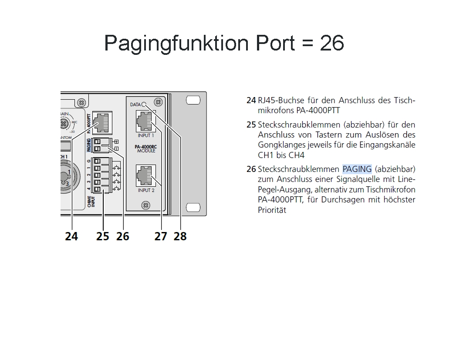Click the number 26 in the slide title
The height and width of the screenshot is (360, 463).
[x=332, y=43]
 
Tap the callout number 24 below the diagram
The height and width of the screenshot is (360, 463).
[x=71, y=236]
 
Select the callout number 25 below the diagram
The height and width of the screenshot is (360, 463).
[x=103, y=236]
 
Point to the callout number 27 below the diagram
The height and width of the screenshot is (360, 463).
[x=161, y=236]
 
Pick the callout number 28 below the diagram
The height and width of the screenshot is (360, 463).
[x=180, y=236]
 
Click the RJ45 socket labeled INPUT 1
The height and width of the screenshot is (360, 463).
[x=146, y=121]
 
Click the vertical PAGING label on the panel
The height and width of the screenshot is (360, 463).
[x=89, y=145]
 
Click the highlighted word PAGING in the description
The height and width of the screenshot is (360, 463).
[x=357, y=169]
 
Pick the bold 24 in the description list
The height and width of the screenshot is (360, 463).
[x=251, y=101]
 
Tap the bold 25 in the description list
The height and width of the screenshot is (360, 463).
[x=251, y=125]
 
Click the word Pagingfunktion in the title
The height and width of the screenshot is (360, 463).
[x=176, y=43]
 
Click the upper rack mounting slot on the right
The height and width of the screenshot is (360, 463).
[x=193, y=101]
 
